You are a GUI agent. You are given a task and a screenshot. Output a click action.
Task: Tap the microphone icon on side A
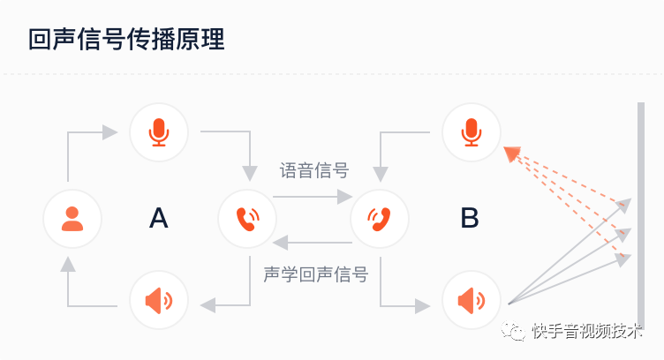click(x=159, y=132)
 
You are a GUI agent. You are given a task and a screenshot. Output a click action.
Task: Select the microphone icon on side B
click(x=472, y=132)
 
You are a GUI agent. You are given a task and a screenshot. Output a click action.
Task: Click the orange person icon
click(x=72, y=217)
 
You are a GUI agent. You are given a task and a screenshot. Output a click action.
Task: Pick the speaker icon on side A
click(x=159, y=300)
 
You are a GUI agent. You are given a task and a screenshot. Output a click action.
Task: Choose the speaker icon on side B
click(x=472, y=300)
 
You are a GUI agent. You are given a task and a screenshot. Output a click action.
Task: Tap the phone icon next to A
click(x=247, y=217)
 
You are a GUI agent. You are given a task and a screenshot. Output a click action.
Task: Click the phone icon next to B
click(x=380, y=217)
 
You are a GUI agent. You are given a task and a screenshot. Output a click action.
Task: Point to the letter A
click(x=158, y=217)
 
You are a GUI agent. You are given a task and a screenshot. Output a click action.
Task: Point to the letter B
click(x=470, y=217)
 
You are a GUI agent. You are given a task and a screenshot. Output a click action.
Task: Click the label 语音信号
click(x=314, y=170)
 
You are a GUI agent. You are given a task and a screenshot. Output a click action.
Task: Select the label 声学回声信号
click(x=315, y=274)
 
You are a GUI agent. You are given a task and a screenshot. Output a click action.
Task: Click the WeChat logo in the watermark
click(x=515, y=331)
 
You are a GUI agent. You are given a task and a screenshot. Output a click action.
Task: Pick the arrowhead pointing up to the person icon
click(x=69, y=264)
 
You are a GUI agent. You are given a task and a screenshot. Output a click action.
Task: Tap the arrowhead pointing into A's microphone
click(x=109, y=132)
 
